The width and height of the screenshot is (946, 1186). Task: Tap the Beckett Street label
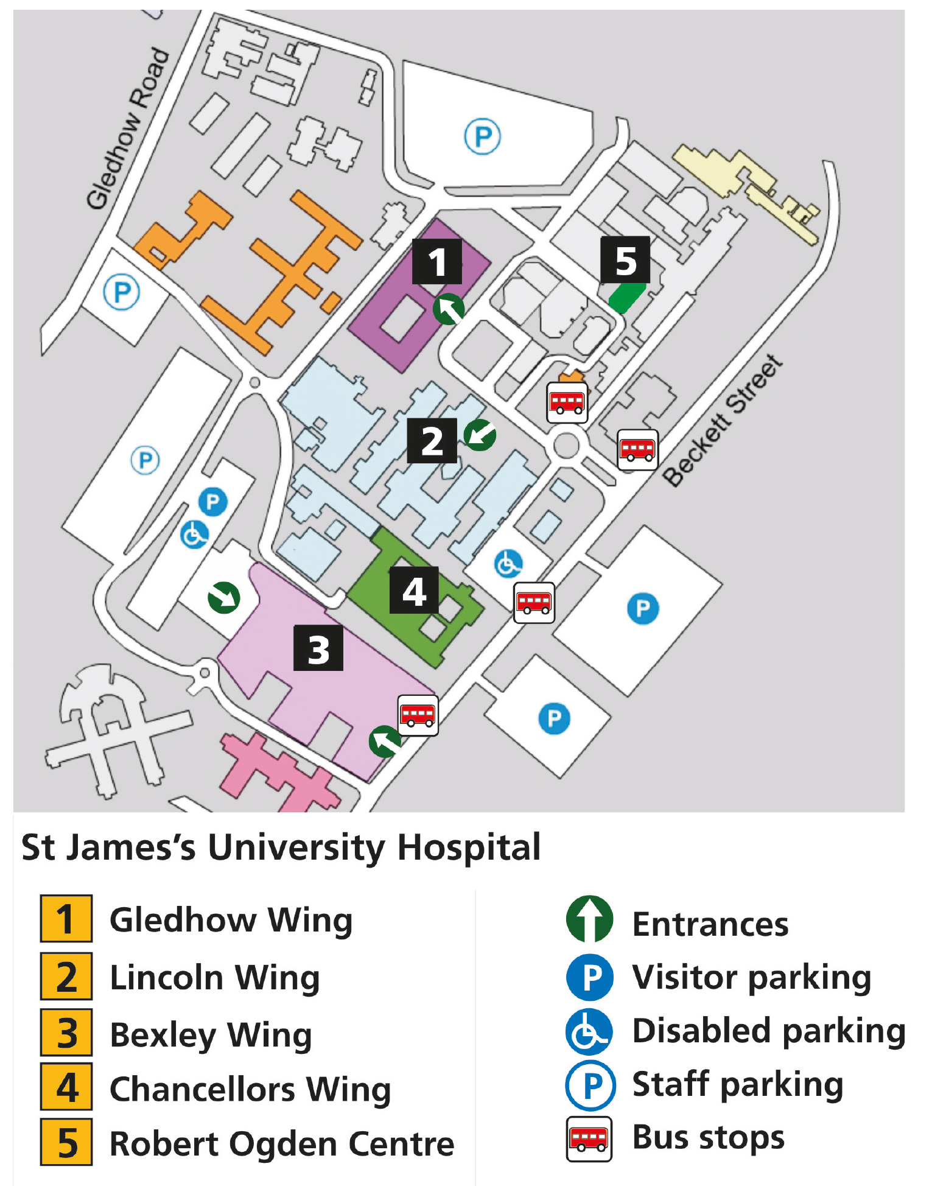pos(722,421)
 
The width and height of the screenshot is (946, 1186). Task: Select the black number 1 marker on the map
pos(436,262)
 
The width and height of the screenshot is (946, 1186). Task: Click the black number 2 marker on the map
pos(432,441)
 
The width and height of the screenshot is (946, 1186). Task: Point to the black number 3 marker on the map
pos(318,648)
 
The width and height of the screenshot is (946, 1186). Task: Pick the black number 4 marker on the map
pos(414,591)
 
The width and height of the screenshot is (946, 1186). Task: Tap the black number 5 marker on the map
pos(625,260)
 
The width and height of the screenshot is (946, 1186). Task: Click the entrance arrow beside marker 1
pos(449,309)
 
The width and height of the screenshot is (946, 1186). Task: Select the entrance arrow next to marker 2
pos(480,435)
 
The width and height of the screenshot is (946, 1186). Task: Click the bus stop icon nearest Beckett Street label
pos(637,450)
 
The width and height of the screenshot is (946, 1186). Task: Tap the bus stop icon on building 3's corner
pos(418,715)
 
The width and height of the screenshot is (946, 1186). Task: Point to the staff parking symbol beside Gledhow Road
pos(122,292)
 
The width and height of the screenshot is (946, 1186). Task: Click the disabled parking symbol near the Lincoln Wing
pos(508,564)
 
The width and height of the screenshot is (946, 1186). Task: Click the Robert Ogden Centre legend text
pos(282,1143)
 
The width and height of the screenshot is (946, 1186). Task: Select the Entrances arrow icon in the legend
pos(589,919)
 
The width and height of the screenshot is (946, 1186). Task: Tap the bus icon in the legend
pos(589,1139)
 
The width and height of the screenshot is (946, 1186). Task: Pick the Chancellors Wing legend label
pos(250,1089)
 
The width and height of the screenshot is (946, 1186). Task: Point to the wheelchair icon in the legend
pos(589,1032)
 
